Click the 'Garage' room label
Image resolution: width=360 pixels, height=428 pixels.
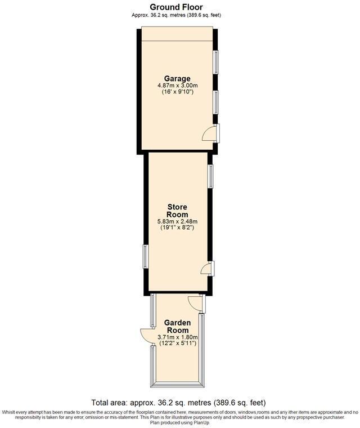pos(177,78)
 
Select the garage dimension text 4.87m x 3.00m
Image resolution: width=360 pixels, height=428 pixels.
pos(177,85)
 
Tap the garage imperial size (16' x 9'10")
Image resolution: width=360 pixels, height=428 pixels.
pos(177,92)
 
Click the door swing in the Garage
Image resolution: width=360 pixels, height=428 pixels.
pos(209,133)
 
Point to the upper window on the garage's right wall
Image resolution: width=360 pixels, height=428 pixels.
pos(216,61)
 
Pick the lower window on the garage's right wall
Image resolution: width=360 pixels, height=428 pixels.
pos(216,102)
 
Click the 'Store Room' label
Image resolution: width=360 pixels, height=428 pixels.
pos(177,211)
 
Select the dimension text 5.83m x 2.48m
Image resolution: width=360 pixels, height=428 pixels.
pos(177,221)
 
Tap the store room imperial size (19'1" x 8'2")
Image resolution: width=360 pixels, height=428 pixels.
pos(177,229)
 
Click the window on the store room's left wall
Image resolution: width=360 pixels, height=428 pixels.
pos(145,256)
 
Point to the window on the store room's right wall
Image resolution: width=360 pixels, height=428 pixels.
pos(210,176)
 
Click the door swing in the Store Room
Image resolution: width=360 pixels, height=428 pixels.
pos(208,267)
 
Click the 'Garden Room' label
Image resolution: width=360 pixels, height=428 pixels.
pos(177,327)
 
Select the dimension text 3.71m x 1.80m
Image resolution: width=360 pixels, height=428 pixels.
pos(177,337)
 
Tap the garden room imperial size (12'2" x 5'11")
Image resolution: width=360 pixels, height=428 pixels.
pos(177,344)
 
